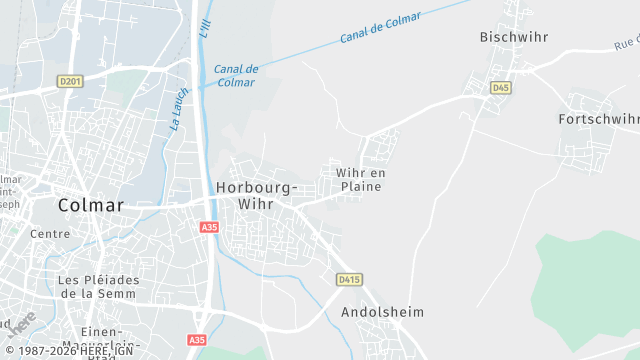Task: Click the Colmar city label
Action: point(91,205)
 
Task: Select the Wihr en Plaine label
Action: point(361,180)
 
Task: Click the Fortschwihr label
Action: point(598,119)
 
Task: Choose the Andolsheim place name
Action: point(382,312)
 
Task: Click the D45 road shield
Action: point(500,88)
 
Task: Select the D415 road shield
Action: point(348,279)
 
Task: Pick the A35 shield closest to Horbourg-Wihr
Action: point(209,228)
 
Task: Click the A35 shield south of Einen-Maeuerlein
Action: point(198,340)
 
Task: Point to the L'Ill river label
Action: point(205,29)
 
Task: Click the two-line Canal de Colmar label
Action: point(236,76)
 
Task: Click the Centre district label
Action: point(50,234)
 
